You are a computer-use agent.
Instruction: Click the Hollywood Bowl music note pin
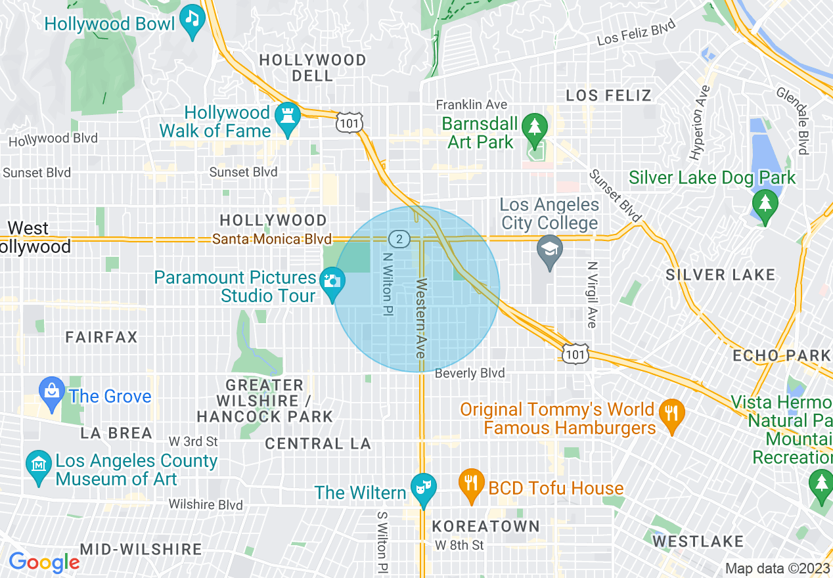[x=192, y=20]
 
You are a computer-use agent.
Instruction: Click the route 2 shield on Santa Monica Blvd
[x=399, y=238]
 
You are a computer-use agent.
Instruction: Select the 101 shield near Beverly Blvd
[x=574, y=354]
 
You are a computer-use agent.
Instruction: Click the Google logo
[x=44, y=562]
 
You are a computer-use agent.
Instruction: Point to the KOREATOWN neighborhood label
[x=486, y=527]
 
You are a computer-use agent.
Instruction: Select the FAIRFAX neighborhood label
[x=101, y=338]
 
